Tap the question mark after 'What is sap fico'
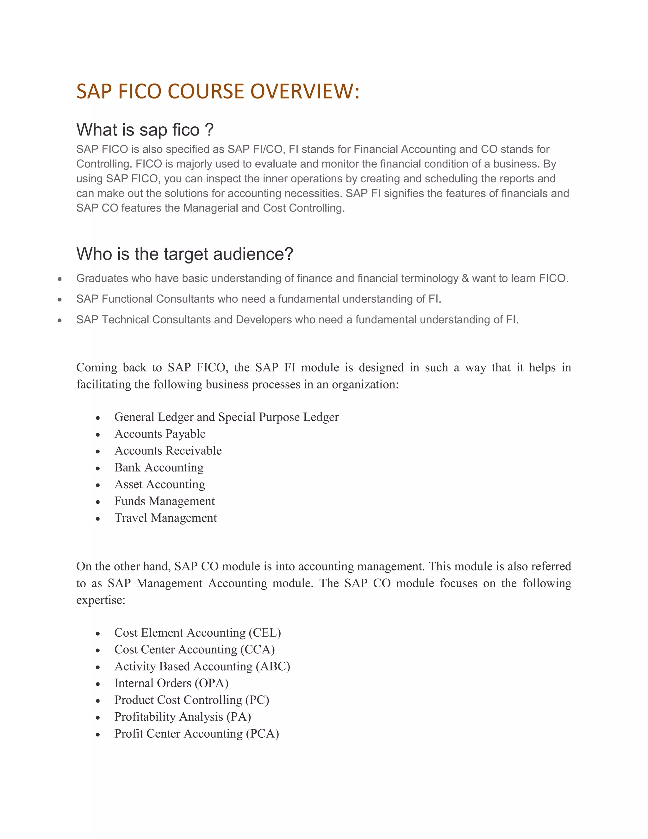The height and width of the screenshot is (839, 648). pos(209,130)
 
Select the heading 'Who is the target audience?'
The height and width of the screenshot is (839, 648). pos(185,254)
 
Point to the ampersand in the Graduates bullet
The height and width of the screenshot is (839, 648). pos(465,278)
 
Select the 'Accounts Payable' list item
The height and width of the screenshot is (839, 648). pos(160,434)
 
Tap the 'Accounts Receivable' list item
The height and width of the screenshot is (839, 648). pos(168,451)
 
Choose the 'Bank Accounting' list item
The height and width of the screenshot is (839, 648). pos(159,468)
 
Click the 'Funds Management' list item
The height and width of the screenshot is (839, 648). pos(164,501)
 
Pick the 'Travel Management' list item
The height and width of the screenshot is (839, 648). pos(165,518)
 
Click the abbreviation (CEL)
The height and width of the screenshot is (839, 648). pos(265,633)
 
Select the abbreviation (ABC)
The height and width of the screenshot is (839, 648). pos(272,666)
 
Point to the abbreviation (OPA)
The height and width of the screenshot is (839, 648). pos(212,683)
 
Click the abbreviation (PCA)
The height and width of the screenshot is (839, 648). pos(262,734)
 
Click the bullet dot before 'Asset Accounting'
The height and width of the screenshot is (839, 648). pos(98,485)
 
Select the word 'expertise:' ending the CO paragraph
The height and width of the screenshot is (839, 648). pos(101,600)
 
